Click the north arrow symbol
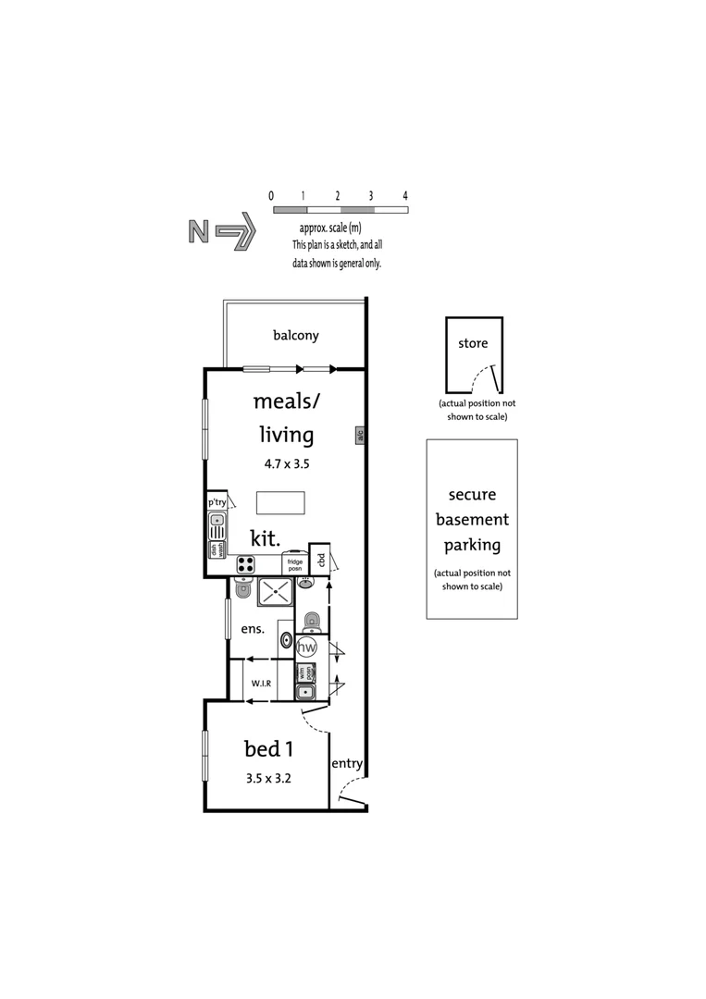pyautogui.click(x=221, y=231)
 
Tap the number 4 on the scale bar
pyautogui.click(x=405, y=196)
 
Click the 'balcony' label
pyautogui.click(x=295, y=335)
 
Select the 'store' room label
pyautogui.click(x=473, y=343)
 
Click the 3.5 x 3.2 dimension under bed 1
pyautogui.click(x=268, y=778)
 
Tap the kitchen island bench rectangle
pyautogui.click(x=280, y=502)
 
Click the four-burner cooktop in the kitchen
pyautogui.click(x=247, y=563)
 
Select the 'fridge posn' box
pyautogui.click(x=294, y=563)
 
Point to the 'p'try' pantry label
pyautogui.click(x=217, y=501)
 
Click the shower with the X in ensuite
pyautogui.click(x=275, y=591)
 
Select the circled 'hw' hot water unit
pyautogui.click(x=307, y=647)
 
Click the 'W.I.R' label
pyautogui.click(x=261, y=683)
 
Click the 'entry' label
pyautogui.click(x=347, y=763)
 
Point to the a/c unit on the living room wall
pyautogui.click(x=360, y=435)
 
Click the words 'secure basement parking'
pyautogui.click(x=472, y=520)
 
